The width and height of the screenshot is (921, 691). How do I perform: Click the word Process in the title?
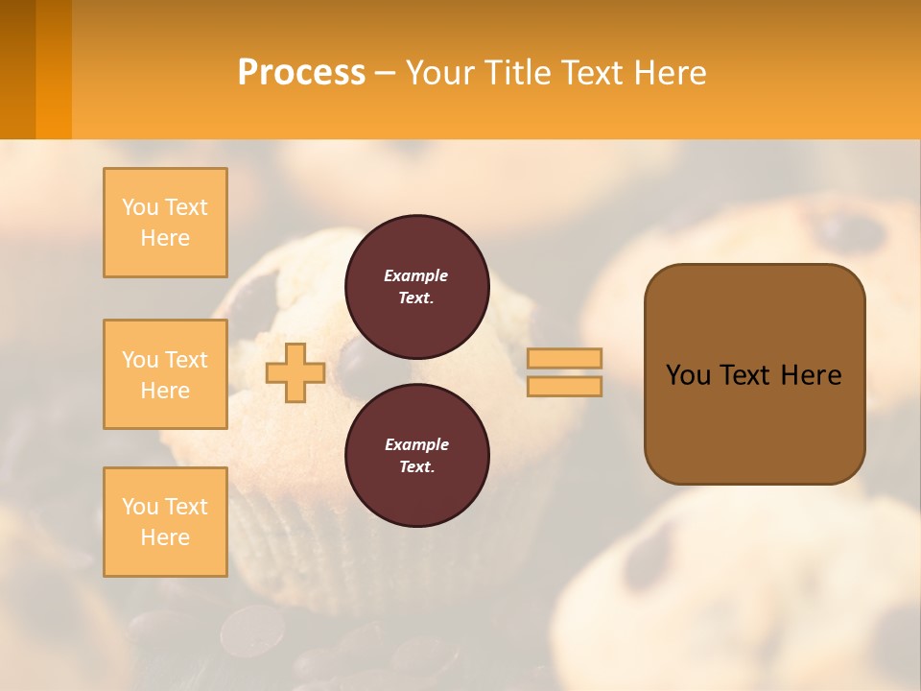(301, 73)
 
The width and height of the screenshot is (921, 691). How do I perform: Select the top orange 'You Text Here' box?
(165, 223)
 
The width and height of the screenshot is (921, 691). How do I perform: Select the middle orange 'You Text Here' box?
(165, 374)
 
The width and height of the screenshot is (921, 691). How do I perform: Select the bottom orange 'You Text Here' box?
(165, 522)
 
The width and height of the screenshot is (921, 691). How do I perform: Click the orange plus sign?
(295, 372)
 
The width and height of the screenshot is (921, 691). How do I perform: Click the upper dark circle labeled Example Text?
(417, 287)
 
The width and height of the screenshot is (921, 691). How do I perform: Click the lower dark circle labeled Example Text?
(417, 456)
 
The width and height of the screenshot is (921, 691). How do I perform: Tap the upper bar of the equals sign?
(565, 358)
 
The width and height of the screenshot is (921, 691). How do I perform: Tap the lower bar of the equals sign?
(565, 386)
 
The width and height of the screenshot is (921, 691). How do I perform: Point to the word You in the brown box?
(688, 375)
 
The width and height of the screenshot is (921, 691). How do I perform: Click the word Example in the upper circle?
(416, 275)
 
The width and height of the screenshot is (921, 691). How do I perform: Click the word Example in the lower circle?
(416, 444)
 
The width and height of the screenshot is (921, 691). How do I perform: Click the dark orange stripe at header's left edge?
(17, 69)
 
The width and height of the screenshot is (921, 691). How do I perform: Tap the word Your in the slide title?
(439, 73)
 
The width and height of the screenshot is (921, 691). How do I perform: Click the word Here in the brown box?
(811, 375)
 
